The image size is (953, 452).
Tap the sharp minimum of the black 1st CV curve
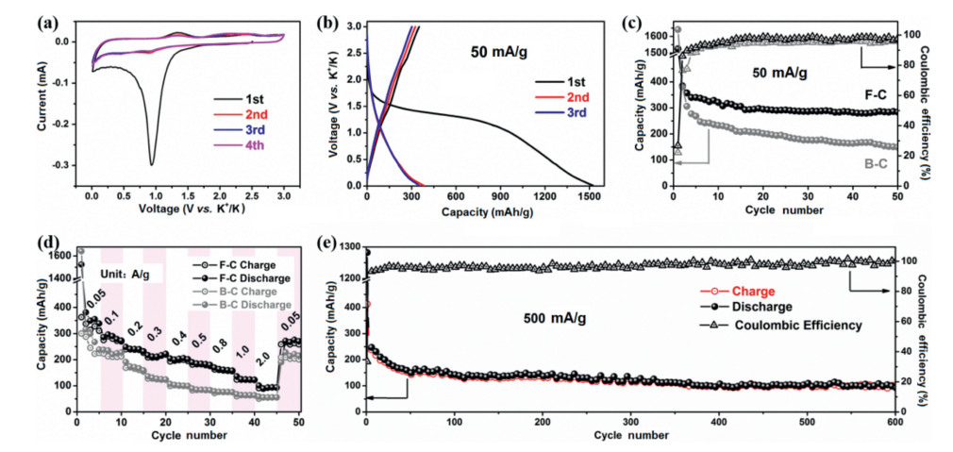pos(151,163)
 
